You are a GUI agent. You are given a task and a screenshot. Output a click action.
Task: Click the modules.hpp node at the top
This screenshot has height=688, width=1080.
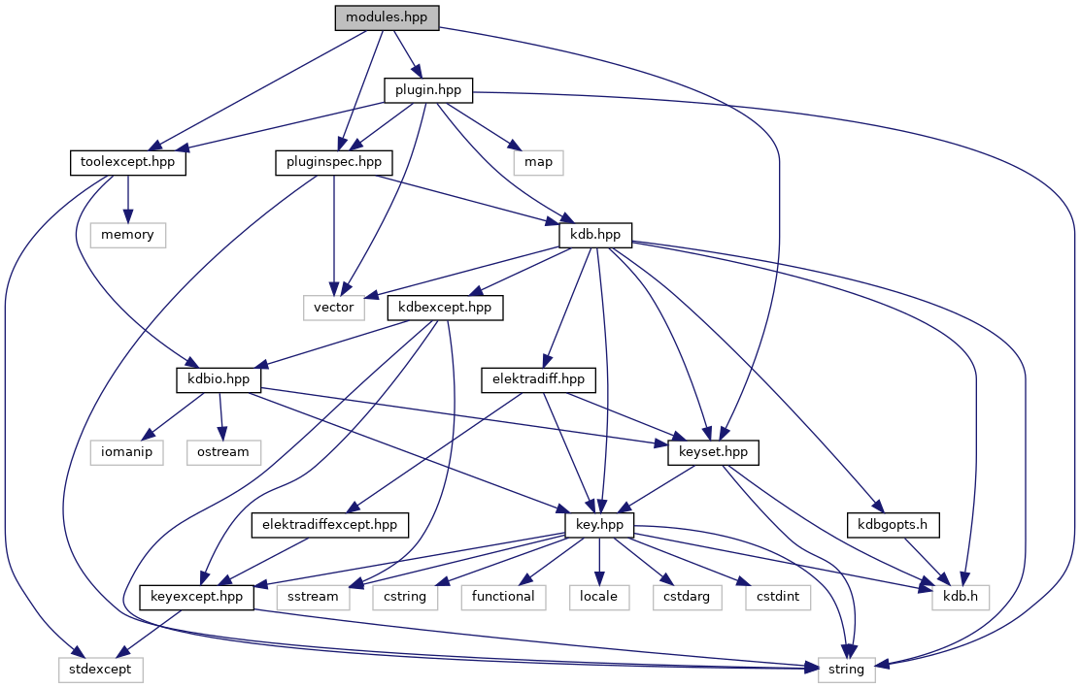(x=387, y=18)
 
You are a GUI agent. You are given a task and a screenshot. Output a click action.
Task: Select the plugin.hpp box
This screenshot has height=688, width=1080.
(x=428, y=90)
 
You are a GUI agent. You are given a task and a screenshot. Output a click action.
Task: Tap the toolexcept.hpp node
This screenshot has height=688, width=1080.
(x=128, y=162)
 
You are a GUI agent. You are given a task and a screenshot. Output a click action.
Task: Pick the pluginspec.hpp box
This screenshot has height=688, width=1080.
(x=334, y=162)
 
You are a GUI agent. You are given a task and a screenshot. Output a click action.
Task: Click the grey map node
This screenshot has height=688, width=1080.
(x=538, y=162)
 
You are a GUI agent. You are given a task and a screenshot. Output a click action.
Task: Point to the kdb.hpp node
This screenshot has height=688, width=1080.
(x=595, y=235)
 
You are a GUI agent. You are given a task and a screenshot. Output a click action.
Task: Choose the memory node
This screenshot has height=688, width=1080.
(x=128, y=235)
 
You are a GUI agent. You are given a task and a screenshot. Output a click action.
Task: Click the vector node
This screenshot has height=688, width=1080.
(x=334, y=308)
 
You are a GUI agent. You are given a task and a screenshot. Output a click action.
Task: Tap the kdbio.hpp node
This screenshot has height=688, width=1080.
(x=219, y=379)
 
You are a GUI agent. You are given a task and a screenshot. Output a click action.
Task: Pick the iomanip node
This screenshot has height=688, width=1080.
(x=128, y=452)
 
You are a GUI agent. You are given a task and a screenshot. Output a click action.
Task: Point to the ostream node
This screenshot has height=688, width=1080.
(x=223, y=452)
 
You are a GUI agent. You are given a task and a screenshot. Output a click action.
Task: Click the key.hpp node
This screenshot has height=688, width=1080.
(x=599, y=525)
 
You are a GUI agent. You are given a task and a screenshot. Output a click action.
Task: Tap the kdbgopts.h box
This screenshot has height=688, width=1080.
(x=894, y=525)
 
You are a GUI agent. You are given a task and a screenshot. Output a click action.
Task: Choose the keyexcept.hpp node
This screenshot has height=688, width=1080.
(x=197, y=596)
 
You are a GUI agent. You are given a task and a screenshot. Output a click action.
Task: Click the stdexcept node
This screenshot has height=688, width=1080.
(x=98, y=669)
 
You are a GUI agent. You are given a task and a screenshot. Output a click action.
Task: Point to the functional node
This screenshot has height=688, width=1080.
(x=503, y=596)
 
